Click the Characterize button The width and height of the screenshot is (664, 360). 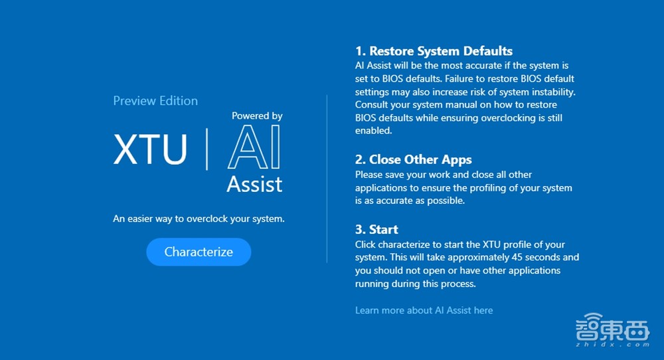pyautogui.click(x=199, y=252)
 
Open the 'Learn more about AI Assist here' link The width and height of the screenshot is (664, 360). pyautogui.click(x=424, y=310)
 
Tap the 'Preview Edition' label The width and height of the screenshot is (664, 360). pyautogui.click(x=155, y=101)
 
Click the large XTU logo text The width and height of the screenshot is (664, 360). pyautogui.click(x=150, y=149)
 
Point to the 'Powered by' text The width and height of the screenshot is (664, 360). pyautogui.click(x=257, y=116)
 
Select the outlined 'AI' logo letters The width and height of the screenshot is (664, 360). pyautogui.click(x=254, y=147)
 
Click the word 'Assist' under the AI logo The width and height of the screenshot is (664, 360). pyautogui.click(x=254, y=185)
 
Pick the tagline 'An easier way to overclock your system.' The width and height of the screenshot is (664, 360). pyautogui.click(x=199, y=219)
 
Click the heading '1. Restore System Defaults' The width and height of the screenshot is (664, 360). pyautogui.click(x=434, y=51)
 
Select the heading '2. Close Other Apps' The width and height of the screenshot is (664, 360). pyautogui.click(x=413, y=159)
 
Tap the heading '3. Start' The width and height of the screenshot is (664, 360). pyautogui.click(x=376, y=230)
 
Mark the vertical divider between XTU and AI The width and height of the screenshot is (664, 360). pyautogui.click(x=207, y=149)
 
